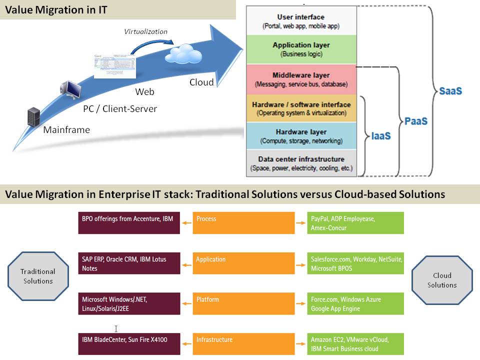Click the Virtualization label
[145, 31]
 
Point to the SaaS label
[450, 91]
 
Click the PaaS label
[416, 121]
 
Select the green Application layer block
[301, 49]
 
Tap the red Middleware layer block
[301, 79]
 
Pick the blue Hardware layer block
[301, 136]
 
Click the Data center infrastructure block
[301, 163]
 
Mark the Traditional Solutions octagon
[38, 276]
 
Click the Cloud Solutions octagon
[442, 280]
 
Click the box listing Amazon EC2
[355, 343]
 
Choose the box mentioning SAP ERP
[129, 263]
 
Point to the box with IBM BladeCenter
[129, 343]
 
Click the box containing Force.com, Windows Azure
[355, 303]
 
